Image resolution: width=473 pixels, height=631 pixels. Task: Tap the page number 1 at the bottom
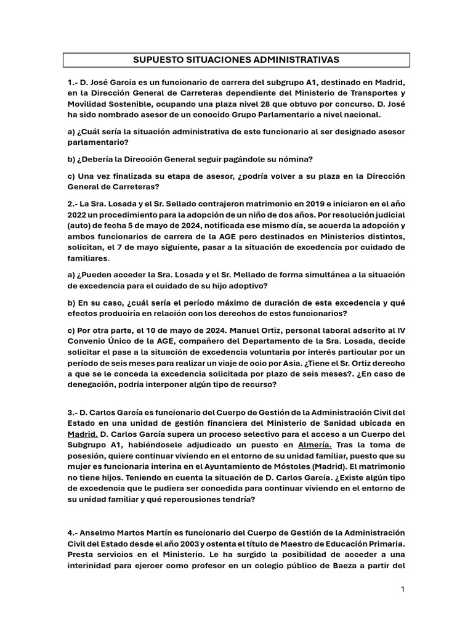403,589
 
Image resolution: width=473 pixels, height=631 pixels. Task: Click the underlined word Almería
315,444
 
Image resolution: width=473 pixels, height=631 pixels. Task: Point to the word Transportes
378,92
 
